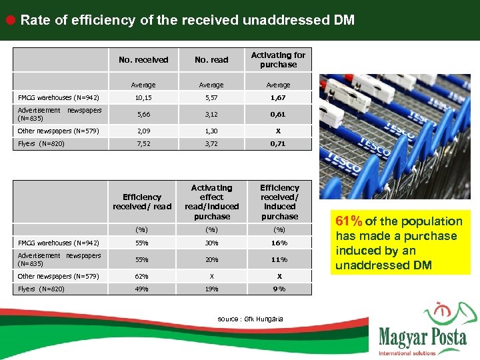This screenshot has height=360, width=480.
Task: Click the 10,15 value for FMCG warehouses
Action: coord(143,98)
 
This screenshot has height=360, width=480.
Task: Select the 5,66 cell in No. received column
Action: coord(143,114)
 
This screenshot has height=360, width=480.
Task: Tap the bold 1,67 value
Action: coord(278,98)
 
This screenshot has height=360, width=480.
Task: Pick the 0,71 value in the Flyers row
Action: coord(278,143)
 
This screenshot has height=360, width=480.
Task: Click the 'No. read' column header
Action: coord(211,60)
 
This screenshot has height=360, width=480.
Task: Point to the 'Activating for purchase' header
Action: coord(278,60)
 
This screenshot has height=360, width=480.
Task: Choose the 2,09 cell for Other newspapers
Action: coord(143,130)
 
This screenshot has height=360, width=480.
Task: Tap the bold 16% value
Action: coord(279,243)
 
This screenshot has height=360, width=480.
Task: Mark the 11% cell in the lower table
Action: coord(279,259)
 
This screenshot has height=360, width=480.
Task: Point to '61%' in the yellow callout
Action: coord(349,221)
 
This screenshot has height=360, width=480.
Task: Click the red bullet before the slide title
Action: coord(11,19)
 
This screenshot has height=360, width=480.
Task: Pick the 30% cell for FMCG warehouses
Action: coord(211,243)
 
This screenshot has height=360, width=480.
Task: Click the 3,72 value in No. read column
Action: coord(211,143)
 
